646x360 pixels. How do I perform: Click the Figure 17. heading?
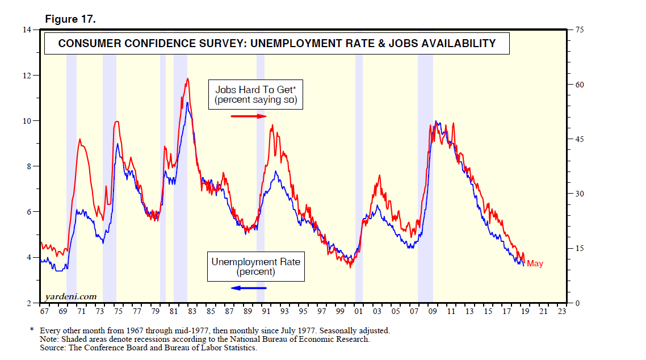(70, 19)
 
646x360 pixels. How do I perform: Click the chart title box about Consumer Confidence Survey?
(277, 43)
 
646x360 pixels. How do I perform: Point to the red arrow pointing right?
(249, 116)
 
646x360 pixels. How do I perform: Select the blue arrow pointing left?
(249, 288)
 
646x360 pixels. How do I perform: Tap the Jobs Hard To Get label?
(256, 90)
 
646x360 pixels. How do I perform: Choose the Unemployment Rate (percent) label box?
(255, 266)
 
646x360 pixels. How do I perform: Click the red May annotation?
(535, 263)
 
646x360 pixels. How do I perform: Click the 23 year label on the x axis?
(562, 312)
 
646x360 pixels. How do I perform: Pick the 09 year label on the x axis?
(433, 312)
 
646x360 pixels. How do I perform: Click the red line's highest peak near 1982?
(187, 79)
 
